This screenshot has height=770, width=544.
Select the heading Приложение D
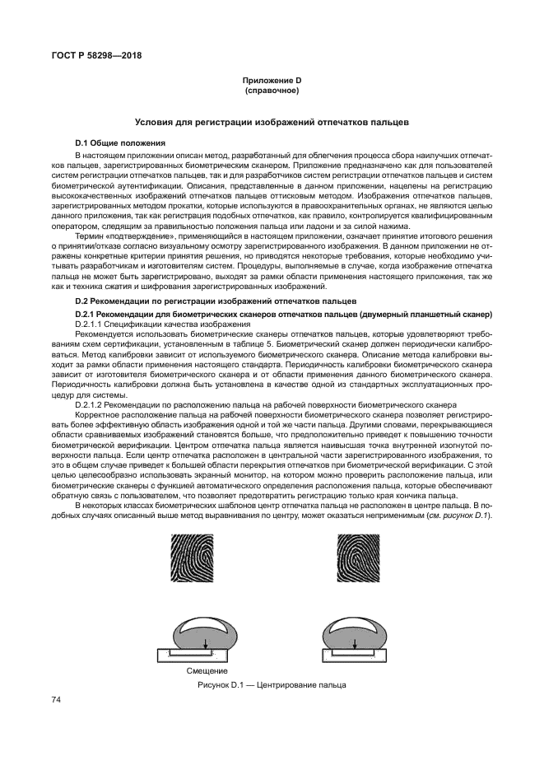pyautogui.click(x=272, y=79)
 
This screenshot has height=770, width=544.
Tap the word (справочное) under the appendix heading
pyautogui.click(x=272, y=88)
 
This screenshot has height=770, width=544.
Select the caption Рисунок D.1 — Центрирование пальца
pyautogui.click(x=272, y=685)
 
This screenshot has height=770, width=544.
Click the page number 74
pyautogui.click(x=57, y=700)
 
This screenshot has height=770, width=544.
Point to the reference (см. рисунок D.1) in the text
pyautogui.click(x=460, y=516)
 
